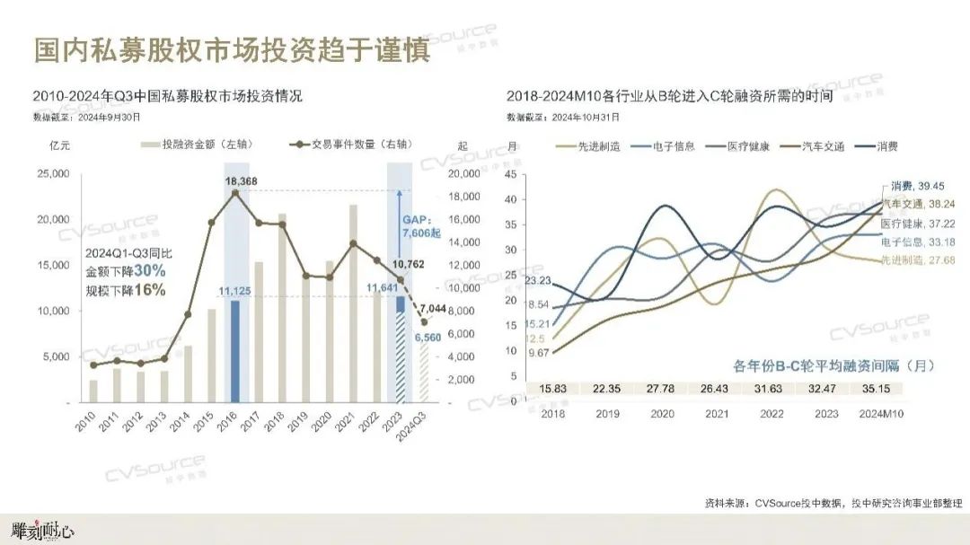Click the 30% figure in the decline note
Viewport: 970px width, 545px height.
[x=148, y=271]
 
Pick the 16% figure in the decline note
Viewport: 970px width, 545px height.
[x=148, y=289]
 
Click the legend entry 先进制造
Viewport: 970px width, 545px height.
[x=588, y=146]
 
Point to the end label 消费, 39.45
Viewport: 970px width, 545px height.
[x=919, y=186]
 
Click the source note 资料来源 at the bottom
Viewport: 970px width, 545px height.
[x=833, y=502]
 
